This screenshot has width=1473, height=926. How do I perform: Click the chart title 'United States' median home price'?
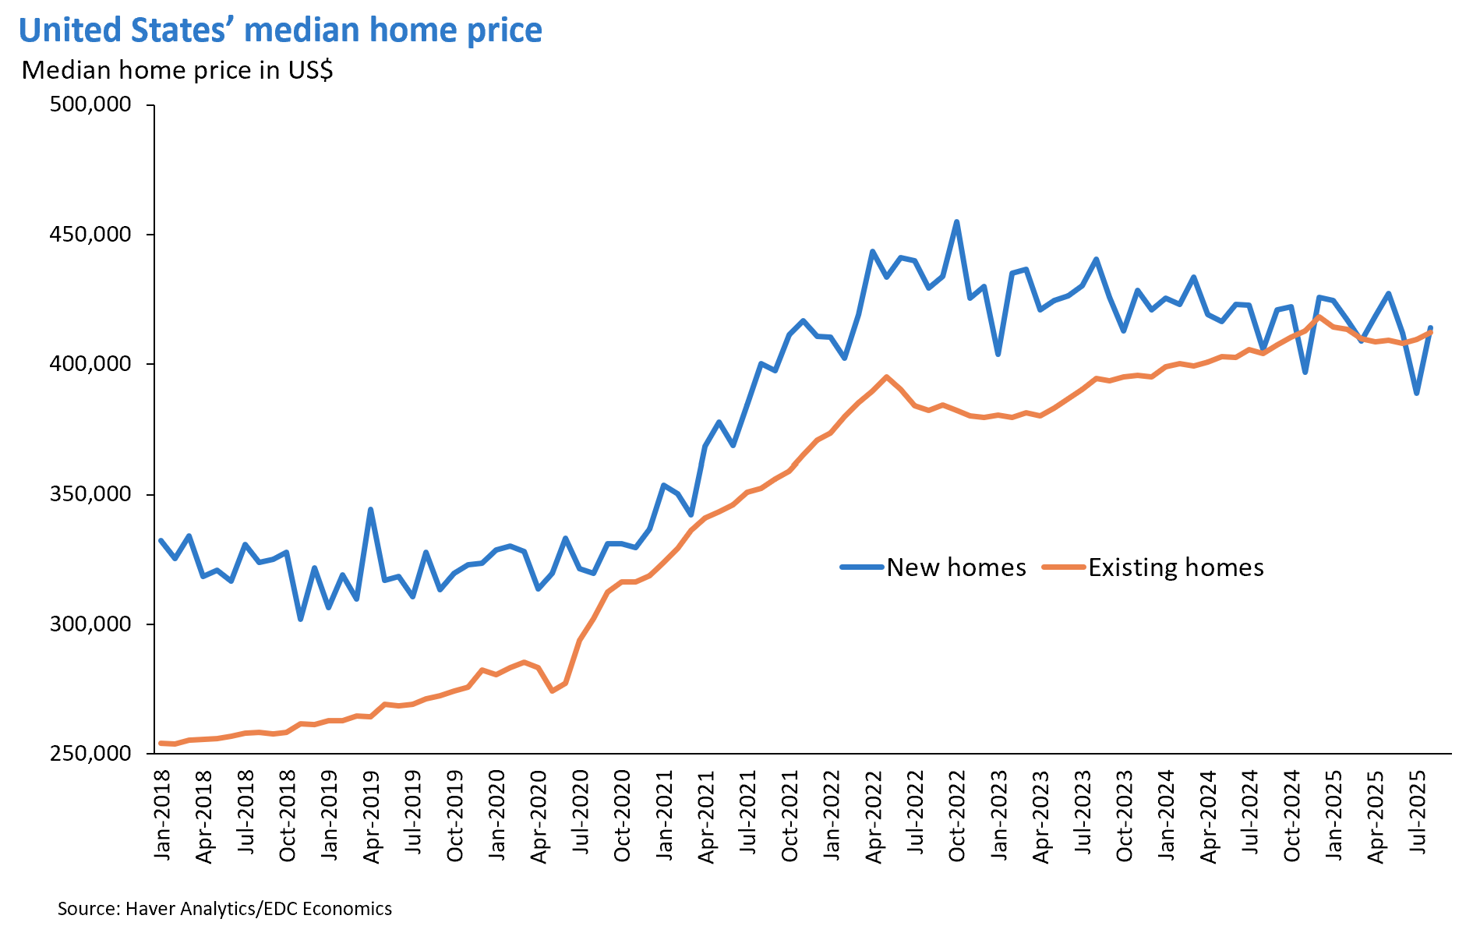281,31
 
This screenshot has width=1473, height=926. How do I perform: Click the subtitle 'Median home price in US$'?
178,70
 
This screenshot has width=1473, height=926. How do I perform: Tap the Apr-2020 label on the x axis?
539,815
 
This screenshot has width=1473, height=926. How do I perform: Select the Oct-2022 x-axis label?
958,815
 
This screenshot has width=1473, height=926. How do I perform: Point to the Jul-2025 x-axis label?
1419,815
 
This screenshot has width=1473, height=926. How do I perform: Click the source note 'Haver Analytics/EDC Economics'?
224,909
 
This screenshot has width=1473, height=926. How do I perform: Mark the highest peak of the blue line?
956,222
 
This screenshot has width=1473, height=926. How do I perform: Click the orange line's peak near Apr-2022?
886,376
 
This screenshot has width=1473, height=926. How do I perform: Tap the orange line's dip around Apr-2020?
552,691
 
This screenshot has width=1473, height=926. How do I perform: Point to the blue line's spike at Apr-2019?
370,510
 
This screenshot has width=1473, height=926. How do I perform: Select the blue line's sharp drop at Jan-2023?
998,355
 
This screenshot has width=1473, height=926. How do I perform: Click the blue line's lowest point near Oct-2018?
301,619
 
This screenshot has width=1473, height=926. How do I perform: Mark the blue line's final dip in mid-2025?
1417,394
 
